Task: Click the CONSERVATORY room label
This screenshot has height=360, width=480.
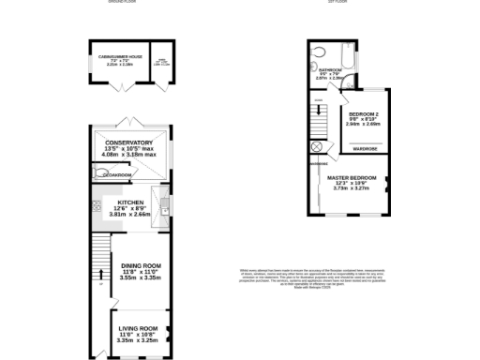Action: click(128, 143)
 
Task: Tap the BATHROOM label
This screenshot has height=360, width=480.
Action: click(330, 70)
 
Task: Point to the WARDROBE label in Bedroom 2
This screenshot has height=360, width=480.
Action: click(365, 148)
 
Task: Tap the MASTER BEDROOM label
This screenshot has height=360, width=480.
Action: click(351, 177)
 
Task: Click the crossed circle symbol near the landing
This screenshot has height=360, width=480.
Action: click(316, 147)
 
